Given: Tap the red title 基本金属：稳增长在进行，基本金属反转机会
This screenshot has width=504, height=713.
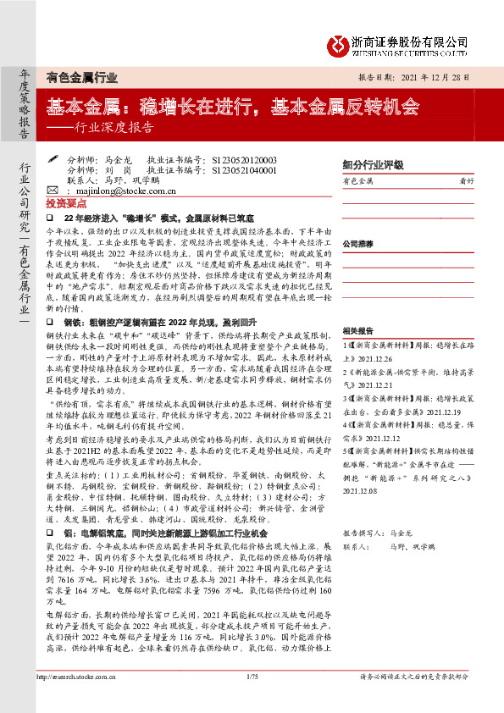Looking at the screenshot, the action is pos(233,107).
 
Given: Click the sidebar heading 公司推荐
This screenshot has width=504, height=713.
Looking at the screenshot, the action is pos(357,242).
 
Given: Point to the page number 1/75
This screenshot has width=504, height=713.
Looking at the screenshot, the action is pos(251,700).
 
